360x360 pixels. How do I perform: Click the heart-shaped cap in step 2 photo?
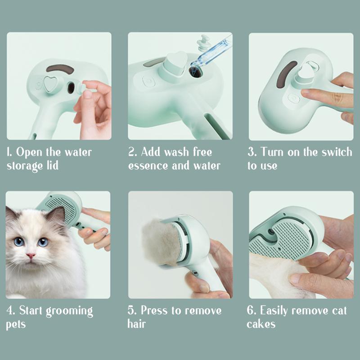pos(176,63)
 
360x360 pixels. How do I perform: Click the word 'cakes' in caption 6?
pos(261,324)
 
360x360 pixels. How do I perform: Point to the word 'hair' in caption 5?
pos(137,324)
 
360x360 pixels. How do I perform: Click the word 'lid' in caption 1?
pos(52,165)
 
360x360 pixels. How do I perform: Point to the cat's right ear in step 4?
pos(56,215)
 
